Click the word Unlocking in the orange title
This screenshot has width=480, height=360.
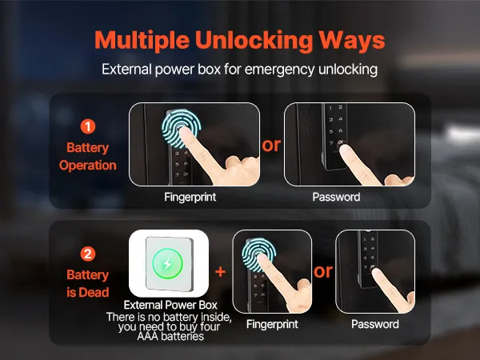254,41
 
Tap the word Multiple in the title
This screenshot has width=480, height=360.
142,41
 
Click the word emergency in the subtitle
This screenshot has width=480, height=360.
279,70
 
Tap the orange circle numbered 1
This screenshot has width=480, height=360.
88,126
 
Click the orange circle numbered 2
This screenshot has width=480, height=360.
88,254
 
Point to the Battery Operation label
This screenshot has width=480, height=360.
88,157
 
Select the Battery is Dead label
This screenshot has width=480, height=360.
88,283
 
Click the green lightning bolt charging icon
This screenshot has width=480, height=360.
168,263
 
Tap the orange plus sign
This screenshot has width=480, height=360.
221,271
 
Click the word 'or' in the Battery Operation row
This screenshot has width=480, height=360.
271,145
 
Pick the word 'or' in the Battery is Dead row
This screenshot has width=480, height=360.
323,271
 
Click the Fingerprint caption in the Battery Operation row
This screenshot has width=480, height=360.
190,197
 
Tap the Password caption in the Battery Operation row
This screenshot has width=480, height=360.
336,197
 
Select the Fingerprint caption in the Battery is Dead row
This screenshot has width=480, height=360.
272,324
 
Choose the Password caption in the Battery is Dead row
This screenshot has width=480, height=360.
375,324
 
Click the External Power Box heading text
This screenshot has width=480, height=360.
170,305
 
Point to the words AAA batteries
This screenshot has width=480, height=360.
170,337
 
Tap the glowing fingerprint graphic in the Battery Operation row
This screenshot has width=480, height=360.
182,129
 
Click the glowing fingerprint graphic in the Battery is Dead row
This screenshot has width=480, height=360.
259,255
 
